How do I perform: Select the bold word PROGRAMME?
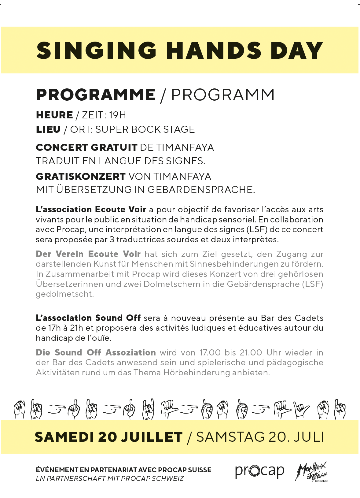(96, 95)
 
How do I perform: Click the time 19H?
(118, 115)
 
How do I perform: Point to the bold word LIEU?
(48, 129)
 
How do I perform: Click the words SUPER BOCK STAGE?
(145, 129)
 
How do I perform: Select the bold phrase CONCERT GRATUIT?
(86, 147)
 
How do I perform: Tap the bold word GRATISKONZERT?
(81, 177)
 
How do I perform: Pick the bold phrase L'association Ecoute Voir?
(91, 210)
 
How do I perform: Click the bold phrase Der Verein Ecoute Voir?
(88, 254)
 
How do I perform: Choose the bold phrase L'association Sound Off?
(88, 318)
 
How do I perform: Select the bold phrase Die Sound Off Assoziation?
(96, 352)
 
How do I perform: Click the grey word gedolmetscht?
(65, 294)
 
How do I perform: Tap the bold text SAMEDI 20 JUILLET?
(108, 437)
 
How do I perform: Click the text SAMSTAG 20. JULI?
(260, 437)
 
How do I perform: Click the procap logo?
(259, 471)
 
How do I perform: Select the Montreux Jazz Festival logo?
(311, 471)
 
